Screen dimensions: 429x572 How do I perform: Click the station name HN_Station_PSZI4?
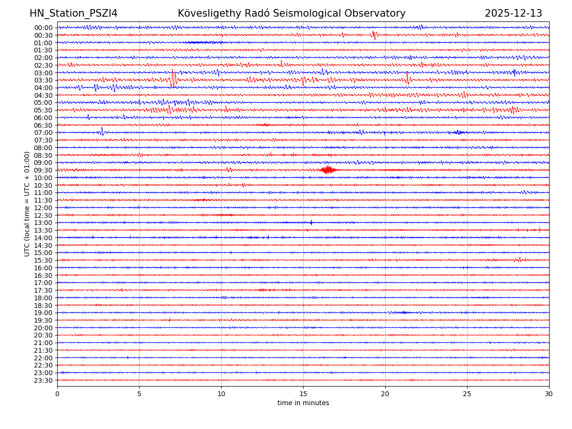pos(73,13)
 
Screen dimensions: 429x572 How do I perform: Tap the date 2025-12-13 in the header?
pos(513,13)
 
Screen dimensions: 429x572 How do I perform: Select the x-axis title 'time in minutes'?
pos(303,403)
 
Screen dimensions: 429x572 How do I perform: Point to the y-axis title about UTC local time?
pos(27,204)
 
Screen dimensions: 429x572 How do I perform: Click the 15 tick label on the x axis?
pos(303,394)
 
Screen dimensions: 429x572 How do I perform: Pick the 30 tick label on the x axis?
pos(549,394)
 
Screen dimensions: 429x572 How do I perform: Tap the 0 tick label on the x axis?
pos(57,394)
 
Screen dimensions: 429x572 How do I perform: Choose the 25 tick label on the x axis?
pos(467,394)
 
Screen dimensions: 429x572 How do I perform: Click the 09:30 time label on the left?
pos(43,170)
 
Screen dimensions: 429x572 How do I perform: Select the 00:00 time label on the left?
pos(43,28)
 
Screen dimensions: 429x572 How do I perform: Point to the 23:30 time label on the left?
pos(43,380)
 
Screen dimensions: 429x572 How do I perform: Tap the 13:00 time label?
pos(43,223)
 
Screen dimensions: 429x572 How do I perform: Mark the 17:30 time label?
pos(43,290)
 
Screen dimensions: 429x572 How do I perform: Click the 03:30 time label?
pos(43,80)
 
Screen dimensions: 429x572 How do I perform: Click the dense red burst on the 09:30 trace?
pos(328,170)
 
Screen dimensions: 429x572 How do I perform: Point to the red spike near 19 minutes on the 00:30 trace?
pos(374,35)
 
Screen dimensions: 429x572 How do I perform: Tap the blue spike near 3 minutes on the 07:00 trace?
pos(102,132)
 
